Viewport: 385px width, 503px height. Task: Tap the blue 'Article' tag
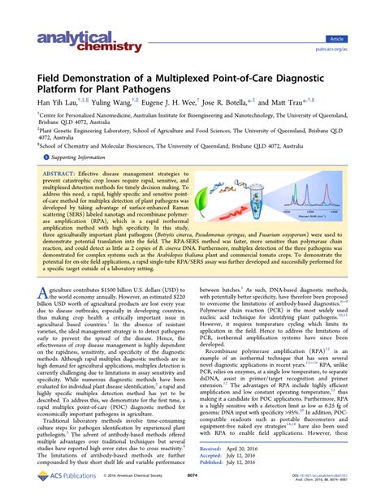pos(357,38)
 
